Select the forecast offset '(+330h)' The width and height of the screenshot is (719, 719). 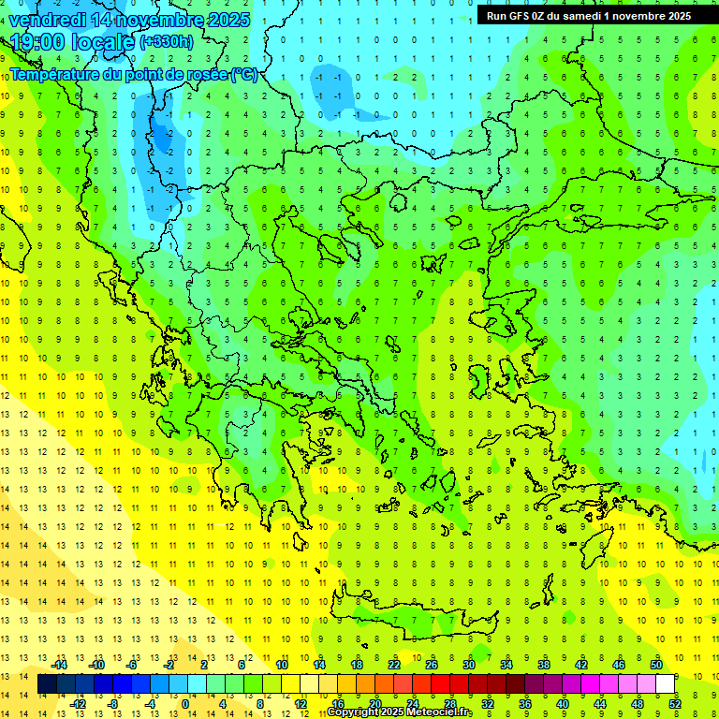click(x=168, y=42)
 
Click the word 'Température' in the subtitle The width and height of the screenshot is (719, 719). click(x=56, y=74)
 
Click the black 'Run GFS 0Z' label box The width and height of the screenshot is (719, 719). click(x=589, y=16)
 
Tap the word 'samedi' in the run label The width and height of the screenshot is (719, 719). click(x=578, y=16)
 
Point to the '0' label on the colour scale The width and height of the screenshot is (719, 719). click(x=184, y=703)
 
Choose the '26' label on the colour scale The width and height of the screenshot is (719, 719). click(x=432, y=665)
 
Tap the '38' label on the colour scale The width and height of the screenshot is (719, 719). click(x=544, y=665)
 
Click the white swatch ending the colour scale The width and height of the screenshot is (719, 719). click(x=665, y=683)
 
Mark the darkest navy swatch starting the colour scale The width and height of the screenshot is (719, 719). click(x=47, y=683)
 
